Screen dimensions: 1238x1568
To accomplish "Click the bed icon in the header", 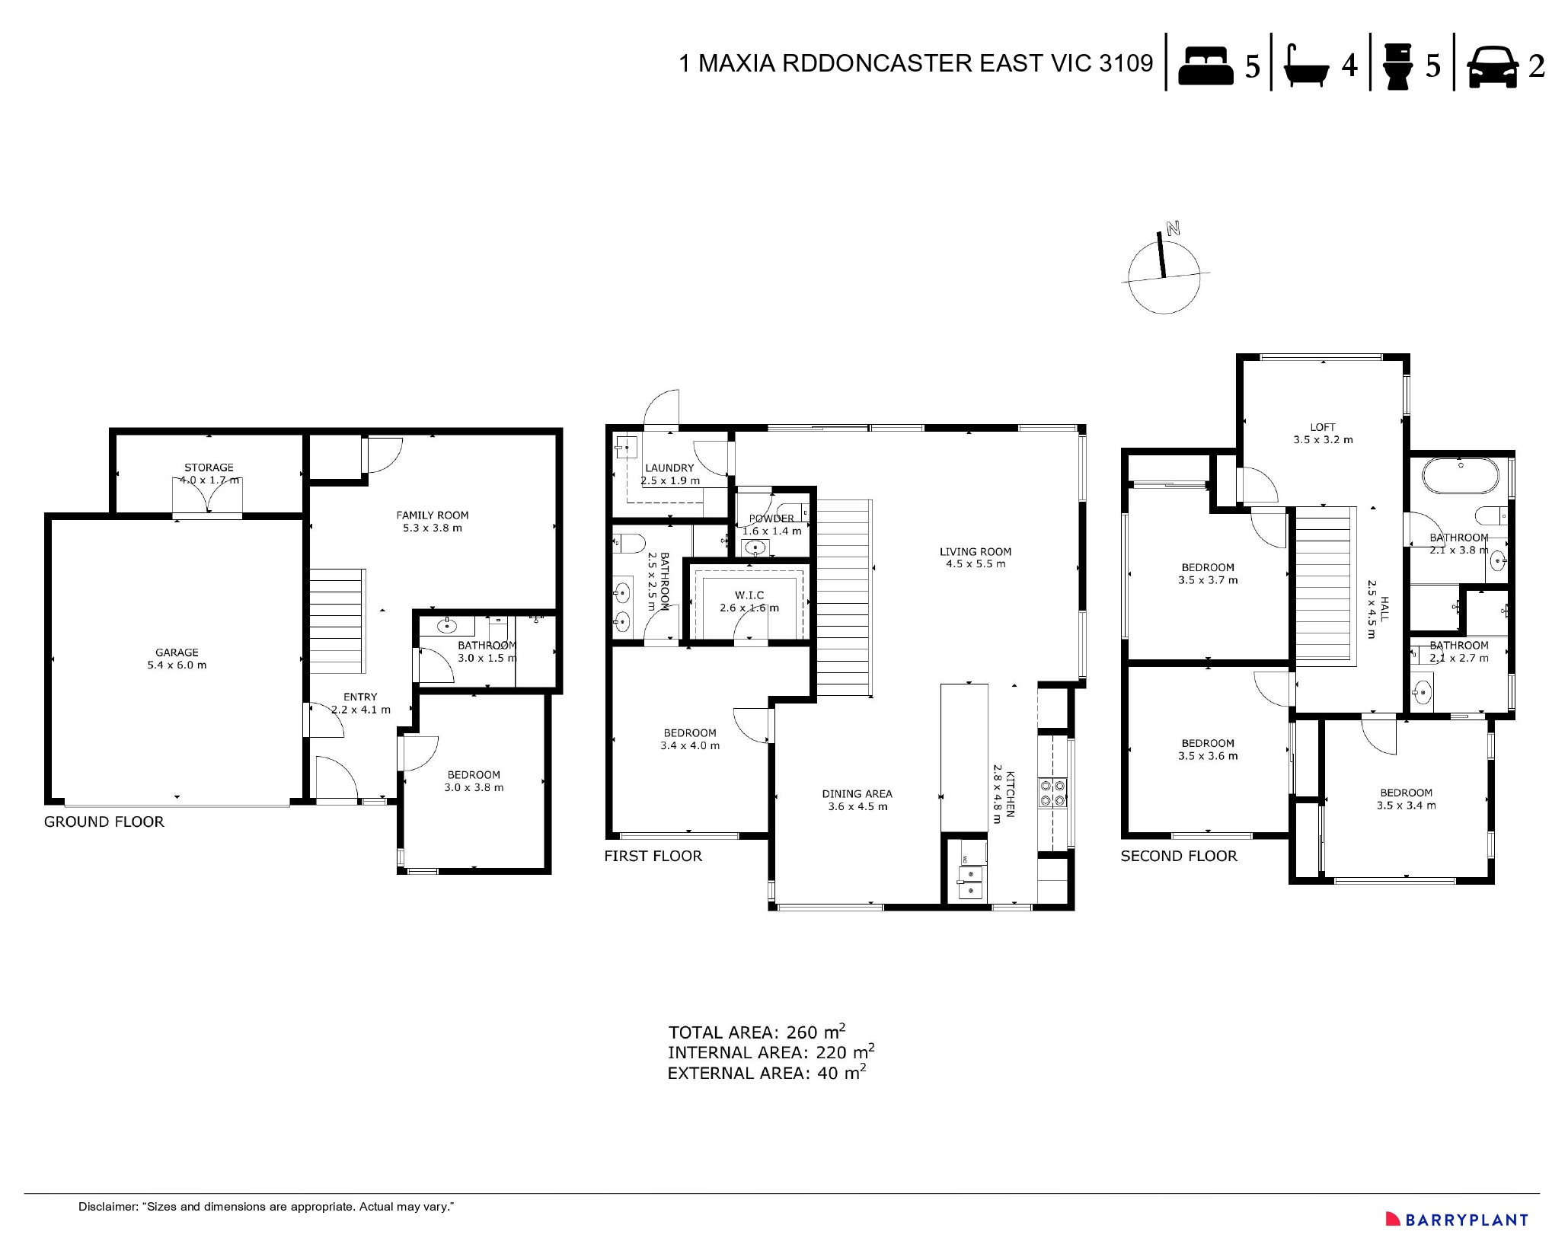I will [x=1206, y=65].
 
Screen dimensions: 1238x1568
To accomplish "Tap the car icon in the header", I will [x=1493, y=66].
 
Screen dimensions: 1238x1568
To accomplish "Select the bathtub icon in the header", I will [x=1307, y=65].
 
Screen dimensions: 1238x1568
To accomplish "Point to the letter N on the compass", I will [x=1173, y=228].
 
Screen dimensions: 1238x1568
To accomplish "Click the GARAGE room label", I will [x=177, y=653].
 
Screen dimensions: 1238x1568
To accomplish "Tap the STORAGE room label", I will [x=209, y=467].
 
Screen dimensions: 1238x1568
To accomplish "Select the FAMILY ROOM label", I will [x=432, y=515].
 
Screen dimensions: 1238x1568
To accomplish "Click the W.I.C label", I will [x=749, y=595].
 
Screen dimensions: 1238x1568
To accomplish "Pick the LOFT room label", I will [x=1323, y=427].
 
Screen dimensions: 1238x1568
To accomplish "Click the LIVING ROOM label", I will [x=975, y=552].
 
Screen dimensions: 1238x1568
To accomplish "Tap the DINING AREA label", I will [x=857, y=793].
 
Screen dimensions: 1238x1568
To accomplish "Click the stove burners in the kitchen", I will [x=1053, y=792].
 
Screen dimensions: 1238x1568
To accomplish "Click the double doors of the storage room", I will [x=207, y=497].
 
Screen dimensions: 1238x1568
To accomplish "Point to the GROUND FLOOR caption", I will [x=104, y=822].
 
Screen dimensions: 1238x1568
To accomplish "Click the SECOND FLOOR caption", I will [x=1178, y=856].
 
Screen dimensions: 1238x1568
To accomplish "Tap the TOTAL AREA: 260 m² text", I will [x=756, y=1032].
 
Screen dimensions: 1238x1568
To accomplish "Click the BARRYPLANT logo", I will [x=1455, y=1219].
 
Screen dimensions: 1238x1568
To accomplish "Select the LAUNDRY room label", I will [x=669, y=468].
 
